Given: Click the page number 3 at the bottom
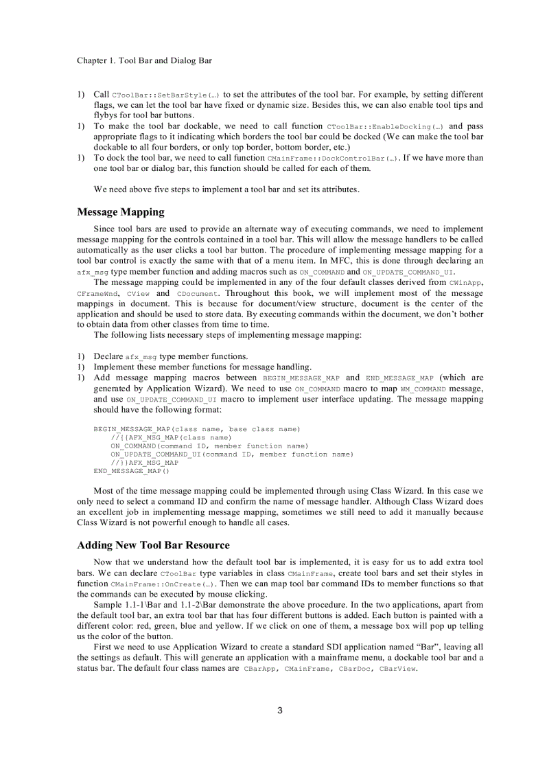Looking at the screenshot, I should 280,710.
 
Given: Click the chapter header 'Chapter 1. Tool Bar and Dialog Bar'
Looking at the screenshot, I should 144,60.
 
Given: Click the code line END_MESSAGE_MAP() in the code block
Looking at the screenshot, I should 131,471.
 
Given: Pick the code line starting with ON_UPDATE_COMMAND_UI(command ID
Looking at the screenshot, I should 232,454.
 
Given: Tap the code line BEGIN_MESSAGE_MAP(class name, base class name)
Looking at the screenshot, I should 197,429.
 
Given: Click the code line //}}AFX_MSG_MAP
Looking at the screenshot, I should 144,463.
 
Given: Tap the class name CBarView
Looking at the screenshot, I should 397,668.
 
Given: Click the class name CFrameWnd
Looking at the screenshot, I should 97,294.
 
